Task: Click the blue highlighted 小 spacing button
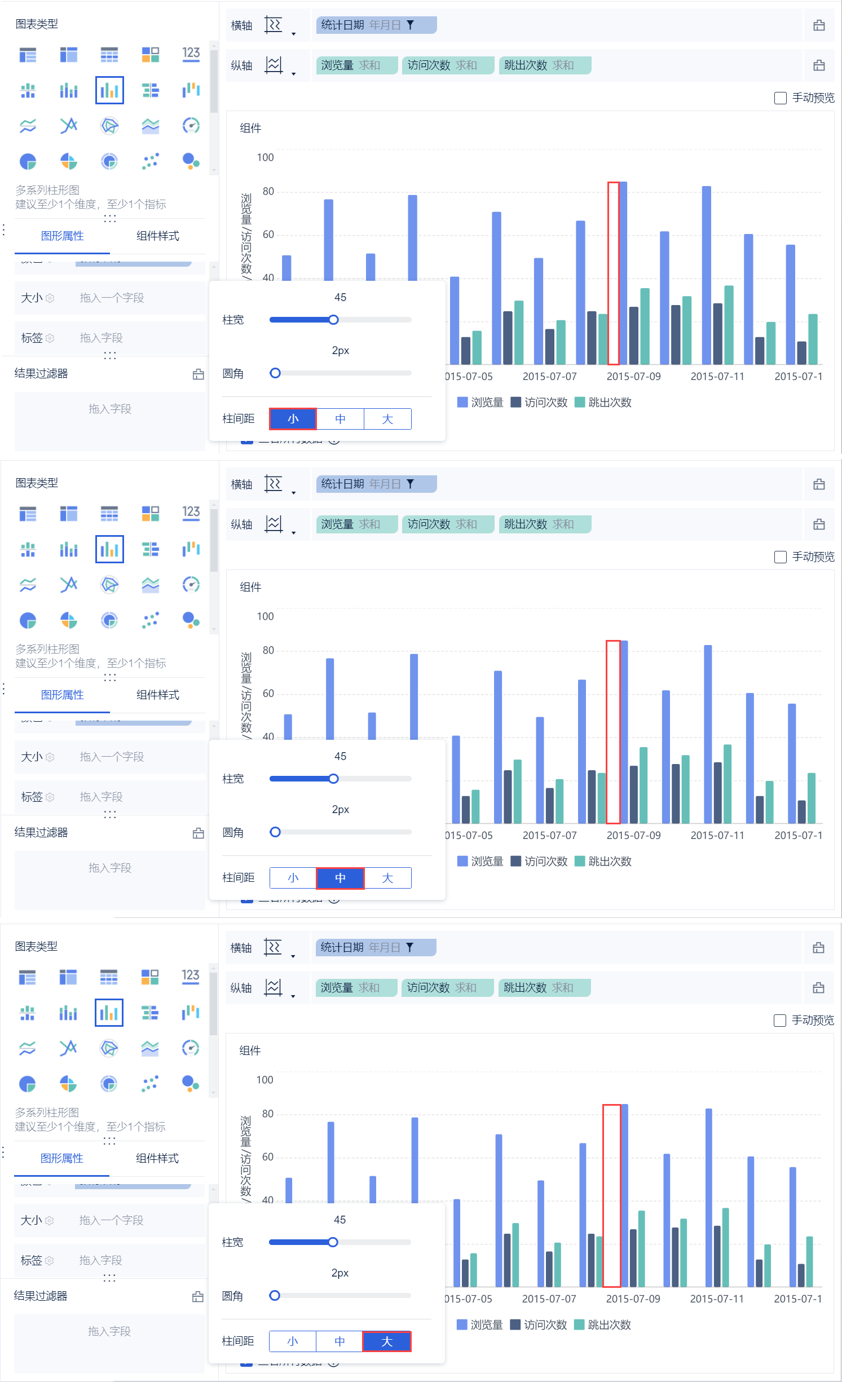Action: [293, 419]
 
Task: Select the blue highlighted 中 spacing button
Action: [340, 878]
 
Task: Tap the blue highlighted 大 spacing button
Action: [386, 1341]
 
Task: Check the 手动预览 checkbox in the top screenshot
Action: [781, 98]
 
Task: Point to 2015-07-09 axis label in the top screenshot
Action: [633, 377]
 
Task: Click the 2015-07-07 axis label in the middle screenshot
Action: [549, 836]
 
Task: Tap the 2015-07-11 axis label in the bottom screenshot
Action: [717, 1299]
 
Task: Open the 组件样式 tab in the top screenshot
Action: [157, 236]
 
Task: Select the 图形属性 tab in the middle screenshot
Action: [62, 695]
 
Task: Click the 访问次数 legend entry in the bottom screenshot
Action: [539, 1325]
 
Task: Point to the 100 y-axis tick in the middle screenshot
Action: [265, 617]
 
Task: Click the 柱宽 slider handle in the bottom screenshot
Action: [333, 1242]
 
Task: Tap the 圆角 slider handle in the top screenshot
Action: [275, 373]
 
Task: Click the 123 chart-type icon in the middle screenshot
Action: [191, 513]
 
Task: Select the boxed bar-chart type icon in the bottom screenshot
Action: [109, 1013]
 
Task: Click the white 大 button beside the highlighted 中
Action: [387, 878]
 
